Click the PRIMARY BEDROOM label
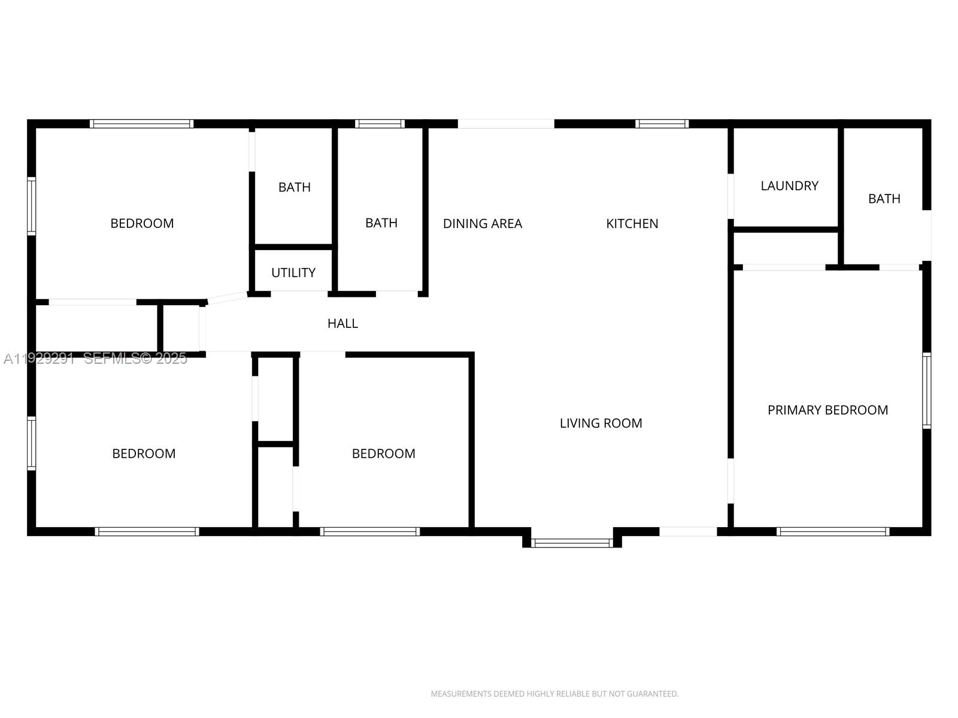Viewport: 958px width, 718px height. pyautogui.click(x=827, y=410)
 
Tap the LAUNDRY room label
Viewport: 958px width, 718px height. pyautogui.click(x=789, y=185)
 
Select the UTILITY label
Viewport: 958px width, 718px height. pyautogui.click(x=293, y=273)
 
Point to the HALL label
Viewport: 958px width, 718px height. pyautogui.click(x=342, y=324)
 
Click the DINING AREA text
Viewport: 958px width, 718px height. pyautogui.click(x=482, y=224)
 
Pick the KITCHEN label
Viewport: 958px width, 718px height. pyautogui.click(x=632, y=224)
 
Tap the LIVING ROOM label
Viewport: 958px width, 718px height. pyautogui.click(x=601, y=423)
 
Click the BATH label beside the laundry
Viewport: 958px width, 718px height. pyautogui.click(x=884, y=199)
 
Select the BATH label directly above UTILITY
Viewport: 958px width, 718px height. pyautogui.click(x=294, y=187)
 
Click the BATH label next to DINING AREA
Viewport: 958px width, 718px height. pyautogui.click(x=381, y=223)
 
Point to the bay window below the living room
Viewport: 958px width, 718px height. pyautogui.click(x=572, y=543)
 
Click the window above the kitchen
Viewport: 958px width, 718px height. pyautogui.click(x=662, y=124)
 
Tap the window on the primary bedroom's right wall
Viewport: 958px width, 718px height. pyautogui.click(x=926, y=391)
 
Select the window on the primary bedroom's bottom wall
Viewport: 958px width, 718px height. pyautogui.click(x=832, y=531)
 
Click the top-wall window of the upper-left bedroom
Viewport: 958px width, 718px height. pyautogui.click(x=142, y=124)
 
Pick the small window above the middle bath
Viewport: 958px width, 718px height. pyautogui.click(x=380, y=124)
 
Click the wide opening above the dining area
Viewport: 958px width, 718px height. pyautogui.click(x=506, y=124)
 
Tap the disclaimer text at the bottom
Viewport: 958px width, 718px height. pyautogui.click(x=554, y=694)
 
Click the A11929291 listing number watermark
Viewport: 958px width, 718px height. pyautogui.click(x=39, y=358)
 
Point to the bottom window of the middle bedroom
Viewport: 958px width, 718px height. pyautogui.click(x=370, y=531)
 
